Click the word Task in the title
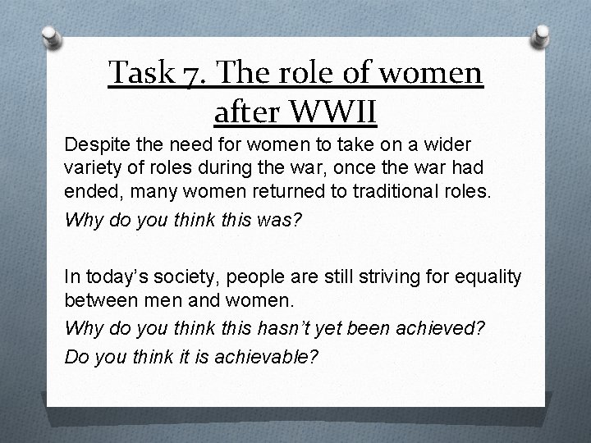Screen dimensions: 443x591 click(139, 75)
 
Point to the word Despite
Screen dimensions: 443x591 click(94, 144)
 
